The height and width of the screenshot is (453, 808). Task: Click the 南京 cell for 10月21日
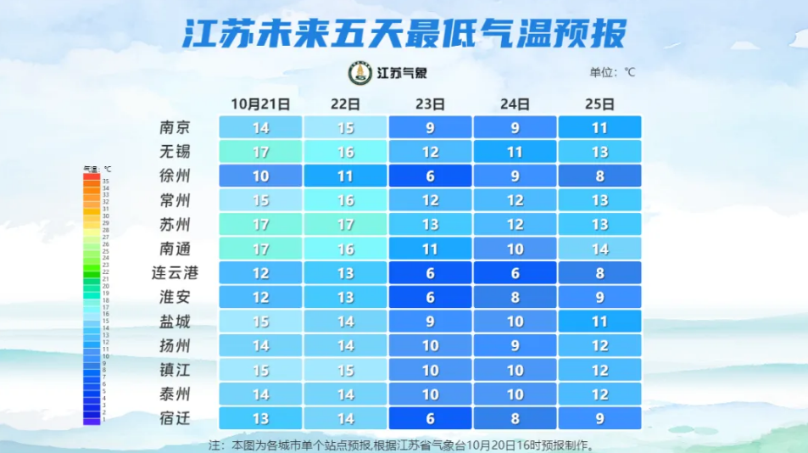260,127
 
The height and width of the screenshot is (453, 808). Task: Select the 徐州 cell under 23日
430,176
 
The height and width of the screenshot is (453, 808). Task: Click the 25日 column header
599,104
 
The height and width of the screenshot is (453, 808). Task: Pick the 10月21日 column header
260,104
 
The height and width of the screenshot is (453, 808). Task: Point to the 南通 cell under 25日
599,249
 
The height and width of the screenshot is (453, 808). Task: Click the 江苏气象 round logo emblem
360,73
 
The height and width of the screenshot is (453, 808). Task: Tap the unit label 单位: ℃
612,72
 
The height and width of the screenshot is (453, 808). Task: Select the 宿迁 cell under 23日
430,418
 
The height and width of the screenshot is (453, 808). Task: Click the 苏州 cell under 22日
345,225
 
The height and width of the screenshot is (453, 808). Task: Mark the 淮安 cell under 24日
515,298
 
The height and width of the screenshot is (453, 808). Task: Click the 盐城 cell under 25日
599,322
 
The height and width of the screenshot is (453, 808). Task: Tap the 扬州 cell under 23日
430,346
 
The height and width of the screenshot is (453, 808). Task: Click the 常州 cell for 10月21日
260,201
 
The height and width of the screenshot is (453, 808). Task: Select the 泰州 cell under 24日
515,394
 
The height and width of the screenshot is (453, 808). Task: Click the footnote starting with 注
404,445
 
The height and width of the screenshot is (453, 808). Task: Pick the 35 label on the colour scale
106,181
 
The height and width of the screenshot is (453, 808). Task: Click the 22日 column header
345,104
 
